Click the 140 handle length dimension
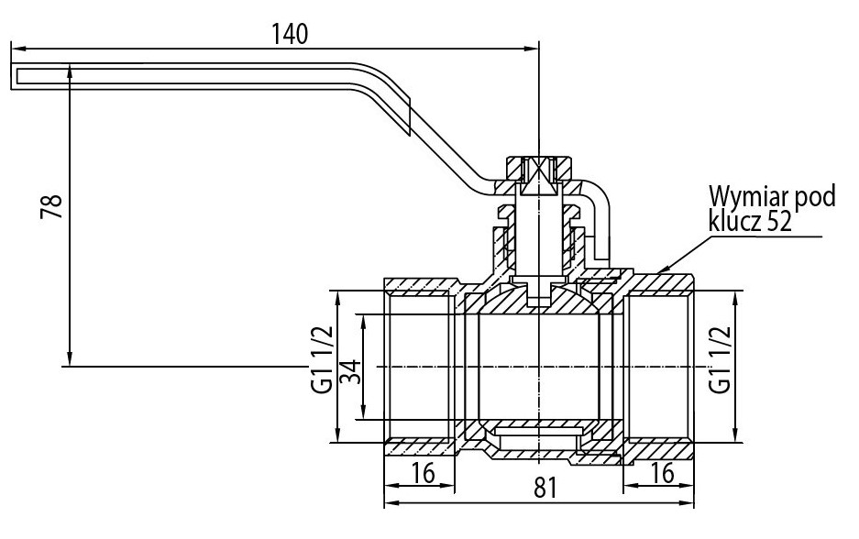coord(290,35)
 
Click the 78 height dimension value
coord(52,205)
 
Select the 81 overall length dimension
coord(545,487)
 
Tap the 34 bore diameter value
coord(351,371)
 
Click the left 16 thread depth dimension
coord(423,472)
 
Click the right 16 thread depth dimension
coord(662,472)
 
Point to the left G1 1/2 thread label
coord(322,359)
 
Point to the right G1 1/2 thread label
coord(720,359)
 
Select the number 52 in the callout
coord(779,222)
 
